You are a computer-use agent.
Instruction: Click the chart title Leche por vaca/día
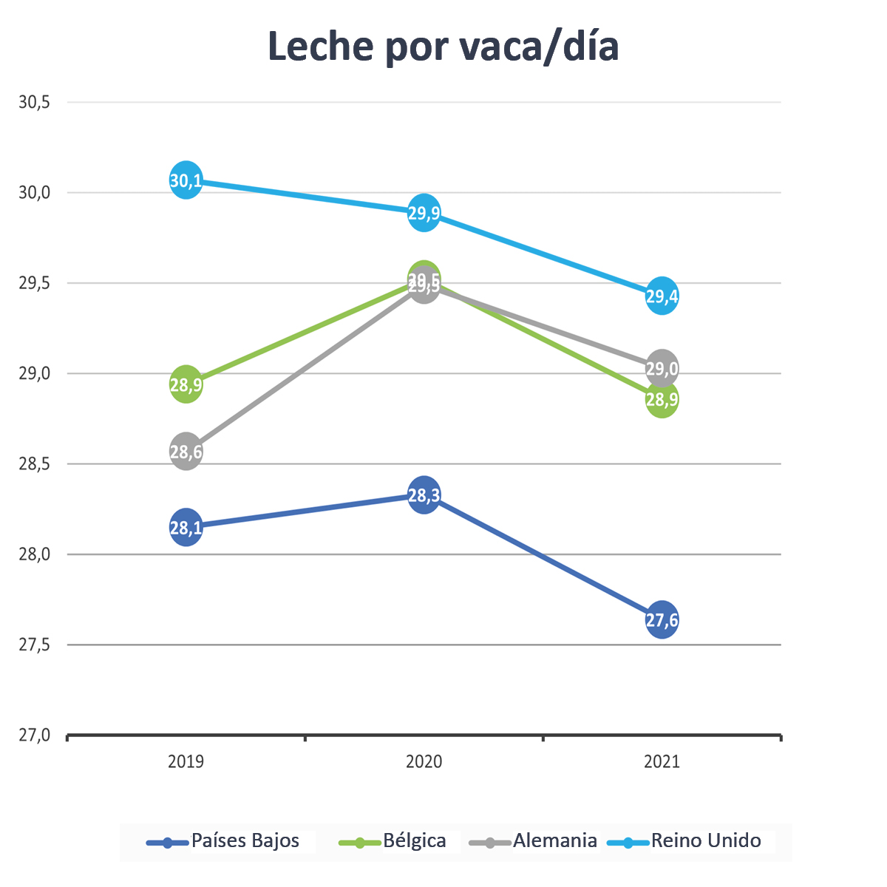click(443, 47)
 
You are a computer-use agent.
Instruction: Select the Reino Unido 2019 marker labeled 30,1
click(186, 180)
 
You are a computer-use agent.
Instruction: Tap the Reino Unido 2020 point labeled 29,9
click(424, 214)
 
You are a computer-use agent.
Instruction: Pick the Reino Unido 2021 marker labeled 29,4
click(662, 296)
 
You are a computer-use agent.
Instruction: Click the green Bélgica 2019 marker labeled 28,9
click(186, 384)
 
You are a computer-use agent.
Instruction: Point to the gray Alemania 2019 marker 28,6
click(186, 452)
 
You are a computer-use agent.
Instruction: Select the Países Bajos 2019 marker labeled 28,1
click(186, 528)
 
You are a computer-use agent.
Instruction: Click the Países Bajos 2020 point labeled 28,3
click(424, 495)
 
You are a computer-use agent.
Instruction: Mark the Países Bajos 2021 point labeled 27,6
click(662, 620)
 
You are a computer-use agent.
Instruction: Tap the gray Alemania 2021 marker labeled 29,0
click(662, 367)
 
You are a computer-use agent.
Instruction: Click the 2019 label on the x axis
click(186, 761)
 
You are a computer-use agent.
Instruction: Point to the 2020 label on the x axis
click(424, 761)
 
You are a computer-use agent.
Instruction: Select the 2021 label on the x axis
click(662, 761)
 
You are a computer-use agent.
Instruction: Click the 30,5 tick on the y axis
click(34, 103)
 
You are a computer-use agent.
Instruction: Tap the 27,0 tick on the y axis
click(34, 735)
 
